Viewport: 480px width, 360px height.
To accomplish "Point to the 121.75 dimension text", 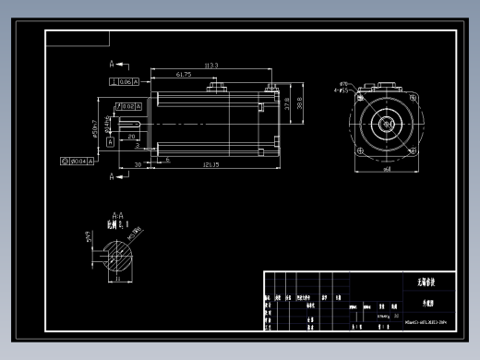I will (210, 164).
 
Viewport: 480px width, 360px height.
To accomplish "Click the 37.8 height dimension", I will (287, 105).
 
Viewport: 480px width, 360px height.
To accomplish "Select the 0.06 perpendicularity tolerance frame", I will (124, 81).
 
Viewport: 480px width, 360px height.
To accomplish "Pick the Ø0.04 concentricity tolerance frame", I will (78, 162).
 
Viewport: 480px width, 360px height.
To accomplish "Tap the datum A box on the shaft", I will (110, 141).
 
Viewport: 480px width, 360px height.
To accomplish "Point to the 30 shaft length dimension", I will (138, 164).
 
